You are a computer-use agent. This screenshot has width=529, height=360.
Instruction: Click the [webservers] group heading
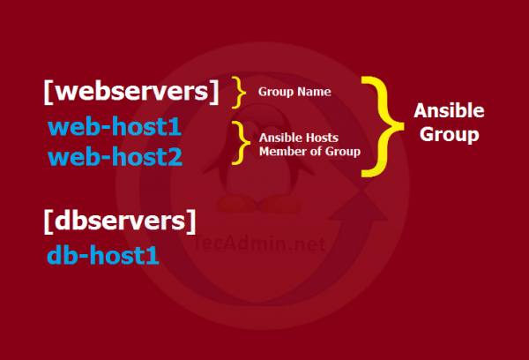click(130, 92)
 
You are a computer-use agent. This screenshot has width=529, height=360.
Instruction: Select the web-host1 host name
click(115, 129)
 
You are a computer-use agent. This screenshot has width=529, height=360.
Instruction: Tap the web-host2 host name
click(115, 158)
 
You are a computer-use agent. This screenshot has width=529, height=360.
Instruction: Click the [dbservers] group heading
click(119, 221)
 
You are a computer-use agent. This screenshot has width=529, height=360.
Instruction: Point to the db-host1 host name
click(102, 257)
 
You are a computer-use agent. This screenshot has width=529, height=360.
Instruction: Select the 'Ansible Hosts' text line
click(297, 139)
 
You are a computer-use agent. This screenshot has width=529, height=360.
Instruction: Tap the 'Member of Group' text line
click(309, 152)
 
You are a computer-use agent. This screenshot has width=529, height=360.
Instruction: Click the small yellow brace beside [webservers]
click(238, 90)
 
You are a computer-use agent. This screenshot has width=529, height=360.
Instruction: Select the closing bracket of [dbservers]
click(190, 221)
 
